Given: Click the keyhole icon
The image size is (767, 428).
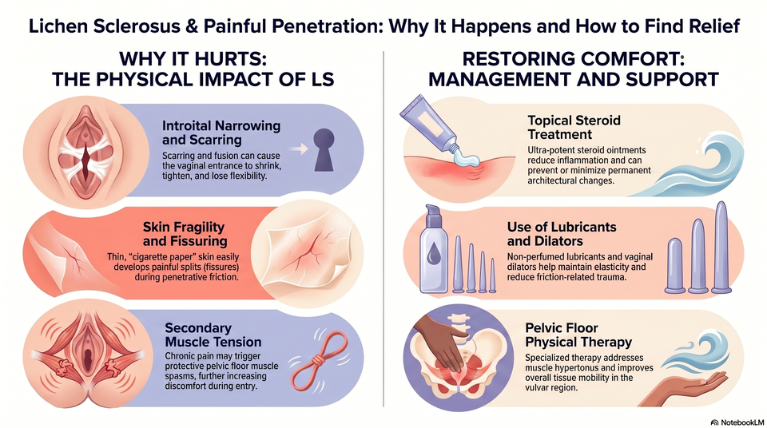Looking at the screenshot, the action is coord(324,149).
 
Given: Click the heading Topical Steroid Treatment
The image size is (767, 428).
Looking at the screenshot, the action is coord(574,127).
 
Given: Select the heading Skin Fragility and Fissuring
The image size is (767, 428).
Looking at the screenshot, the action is coord(185,234).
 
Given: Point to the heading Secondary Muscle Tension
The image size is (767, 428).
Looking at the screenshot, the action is coord(213,335).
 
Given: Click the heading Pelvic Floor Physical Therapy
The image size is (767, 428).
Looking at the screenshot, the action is coord(578,335).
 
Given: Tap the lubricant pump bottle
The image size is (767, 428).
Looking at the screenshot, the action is coord(433,250).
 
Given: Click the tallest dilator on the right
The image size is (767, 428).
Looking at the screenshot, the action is coord(721,248).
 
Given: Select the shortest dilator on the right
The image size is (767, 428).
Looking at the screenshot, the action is coord(675,266).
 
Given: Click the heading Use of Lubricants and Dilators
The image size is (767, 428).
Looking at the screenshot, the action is coord(562,234).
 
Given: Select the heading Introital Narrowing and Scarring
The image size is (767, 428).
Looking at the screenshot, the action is coord(221,133).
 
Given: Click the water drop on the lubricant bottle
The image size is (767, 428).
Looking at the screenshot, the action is coord(433,258).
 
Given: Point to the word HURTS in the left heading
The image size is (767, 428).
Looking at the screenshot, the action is coord(228,59).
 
